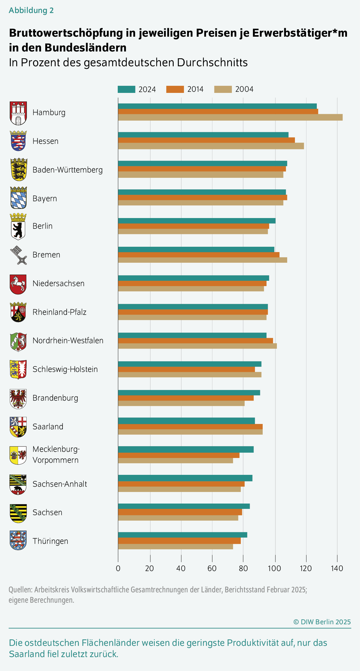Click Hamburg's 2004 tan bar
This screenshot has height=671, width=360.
pos(230,117)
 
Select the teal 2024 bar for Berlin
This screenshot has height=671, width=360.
pos(197,221)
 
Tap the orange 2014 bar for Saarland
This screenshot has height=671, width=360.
pos(190,427)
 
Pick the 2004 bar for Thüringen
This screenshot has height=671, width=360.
pos(175,546)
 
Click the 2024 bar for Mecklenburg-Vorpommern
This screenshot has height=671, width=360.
pos(186,449)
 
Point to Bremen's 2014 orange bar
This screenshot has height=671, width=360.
pos(198,255)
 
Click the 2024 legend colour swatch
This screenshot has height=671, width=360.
pos(126,89)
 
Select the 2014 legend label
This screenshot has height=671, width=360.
pos(195,89)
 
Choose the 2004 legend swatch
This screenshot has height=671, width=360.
pos(223,89)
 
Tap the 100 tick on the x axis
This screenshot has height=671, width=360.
pos(274,568)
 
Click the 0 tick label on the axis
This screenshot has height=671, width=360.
pos(118,568)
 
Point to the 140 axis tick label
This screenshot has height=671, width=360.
pos(337,568)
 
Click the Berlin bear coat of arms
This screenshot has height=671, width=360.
pos(18,227)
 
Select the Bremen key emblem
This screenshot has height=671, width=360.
pos(18,255)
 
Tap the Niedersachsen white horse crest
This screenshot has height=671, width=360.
pos(18,284)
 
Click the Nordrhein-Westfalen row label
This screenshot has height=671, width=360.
pos(68,341)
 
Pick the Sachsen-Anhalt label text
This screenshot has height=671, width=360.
pos(60,484)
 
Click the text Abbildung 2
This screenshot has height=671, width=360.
pos(31,10)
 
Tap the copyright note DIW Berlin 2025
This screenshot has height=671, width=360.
pos(322,622)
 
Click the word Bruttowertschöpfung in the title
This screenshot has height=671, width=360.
pos(66,33)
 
